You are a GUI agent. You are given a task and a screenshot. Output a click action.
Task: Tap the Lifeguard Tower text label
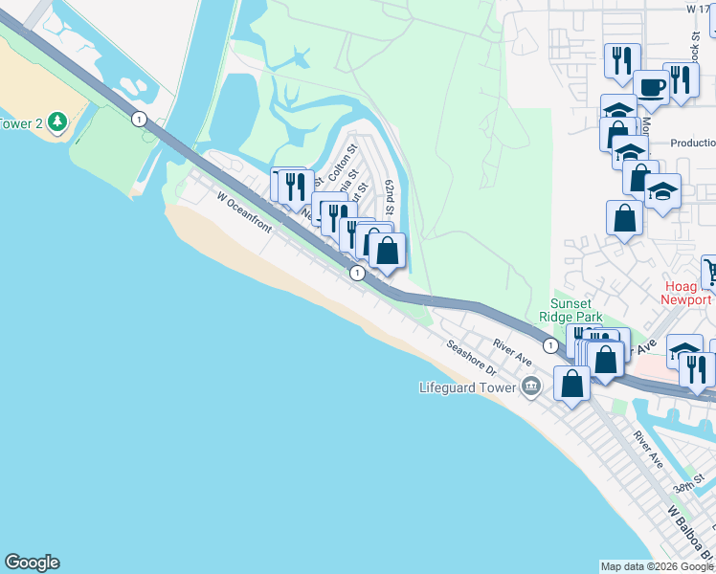pyautogui.click(x=468, y=387)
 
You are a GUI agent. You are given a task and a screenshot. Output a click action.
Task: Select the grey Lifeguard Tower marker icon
pyautogui.click(x=531, y=386)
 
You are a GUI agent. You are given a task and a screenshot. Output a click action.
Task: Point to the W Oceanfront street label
pyautogui.click(x=244, y=212)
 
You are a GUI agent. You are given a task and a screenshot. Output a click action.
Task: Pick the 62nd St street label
pyautogui.click(x=391, y=196)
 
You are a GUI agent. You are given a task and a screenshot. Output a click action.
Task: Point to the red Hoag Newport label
pyautogui.click(x=687, y=292)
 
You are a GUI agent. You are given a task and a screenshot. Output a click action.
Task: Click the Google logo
pyautogui.click(x=32, y=563)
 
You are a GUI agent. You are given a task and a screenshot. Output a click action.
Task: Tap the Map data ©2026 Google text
pyautogui.click(x=657, y=566)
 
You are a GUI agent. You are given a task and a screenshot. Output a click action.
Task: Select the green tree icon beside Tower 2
pyautogui.click(x=57, y=122)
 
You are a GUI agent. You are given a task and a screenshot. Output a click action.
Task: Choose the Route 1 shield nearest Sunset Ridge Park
pyautogui.click(x=550, y=344)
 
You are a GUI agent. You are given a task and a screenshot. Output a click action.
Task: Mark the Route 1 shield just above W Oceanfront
pyautogui.click(x=356, y=274)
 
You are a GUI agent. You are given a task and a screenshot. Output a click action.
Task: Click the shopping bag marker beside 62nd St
pyautogui.click(x=388, y=252)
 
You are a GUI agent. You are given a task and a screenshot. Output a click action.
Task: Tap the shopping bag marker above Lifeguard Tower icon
pyautogui.click(x=571, y=385)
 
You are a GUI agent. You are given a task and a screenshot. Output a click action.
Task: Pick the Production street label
pyautogui.click(x=693, y=143)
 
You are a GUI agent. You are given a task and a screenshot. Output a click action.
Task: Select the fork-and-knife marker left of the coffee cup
pyautogui.click(x=622, y=60)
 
